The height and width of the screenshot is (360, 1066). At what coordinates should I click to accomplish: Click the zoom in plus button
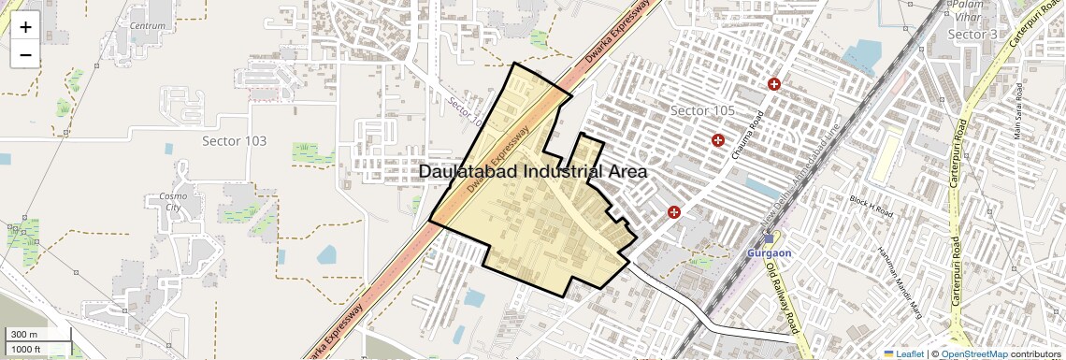pos(25,26)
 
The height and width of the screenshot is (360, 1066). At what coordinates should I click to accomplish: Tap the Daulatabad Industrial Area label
pos(533,172)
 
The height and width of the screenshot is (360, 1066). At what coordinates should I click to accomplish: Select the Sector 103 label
pos(234,141)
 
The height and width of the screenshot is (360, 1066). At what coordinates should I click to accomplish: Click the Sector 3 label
pos(973,35)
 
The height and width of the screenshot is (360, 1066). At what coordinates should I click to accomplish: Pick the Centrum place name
pos(149,25)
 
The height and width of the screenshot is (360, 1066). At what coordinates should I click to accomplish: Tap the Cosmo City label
pos(173,202)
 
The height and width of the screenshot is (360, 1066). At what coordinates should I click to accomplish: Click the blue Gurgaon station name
pos(770,253)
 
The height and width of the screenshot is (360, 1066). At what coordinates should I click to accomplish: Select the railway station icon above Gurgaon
pos(769,238)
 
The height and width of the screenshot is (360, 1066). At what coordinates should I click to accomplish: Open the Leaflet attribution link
pos(903,353)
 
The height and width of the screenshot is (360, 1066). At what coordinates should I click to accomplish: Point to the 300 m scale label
pos(25,335)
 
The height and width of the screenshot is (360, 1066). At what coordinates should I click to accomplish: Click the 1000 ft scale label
pos(28,349)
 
